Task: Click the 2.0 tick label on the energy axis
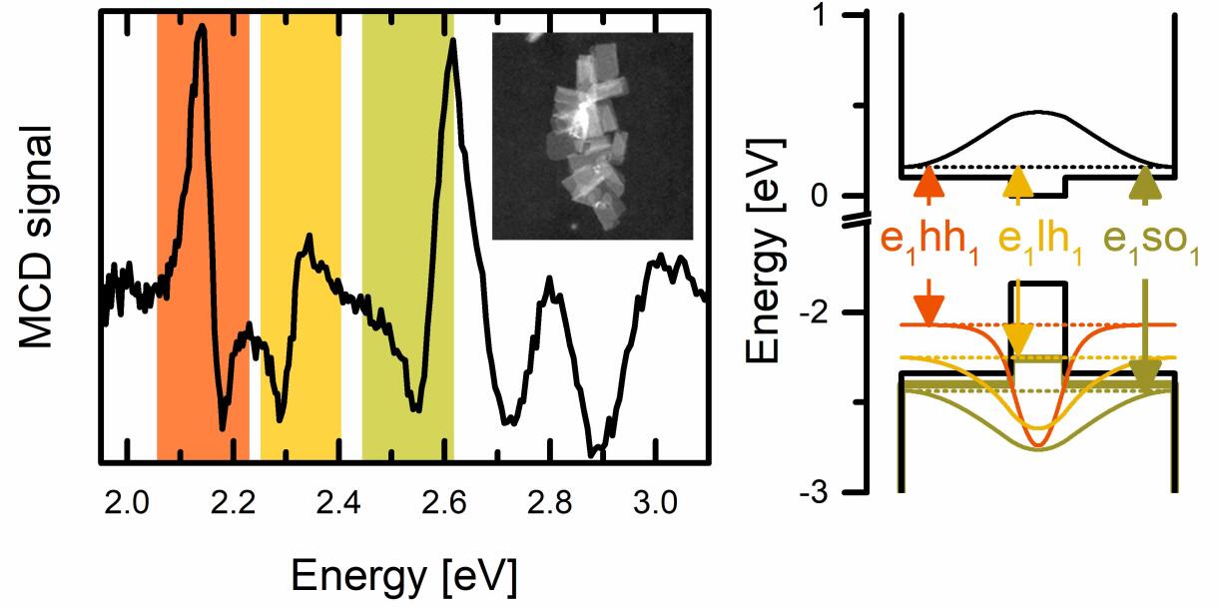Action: pos(126,503)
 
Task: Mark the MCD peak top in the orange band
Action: pos(203,29)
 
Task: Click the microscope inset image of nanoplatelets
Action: pos(592,136)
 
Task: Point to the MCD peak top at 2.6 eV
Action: pos(453,42)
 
